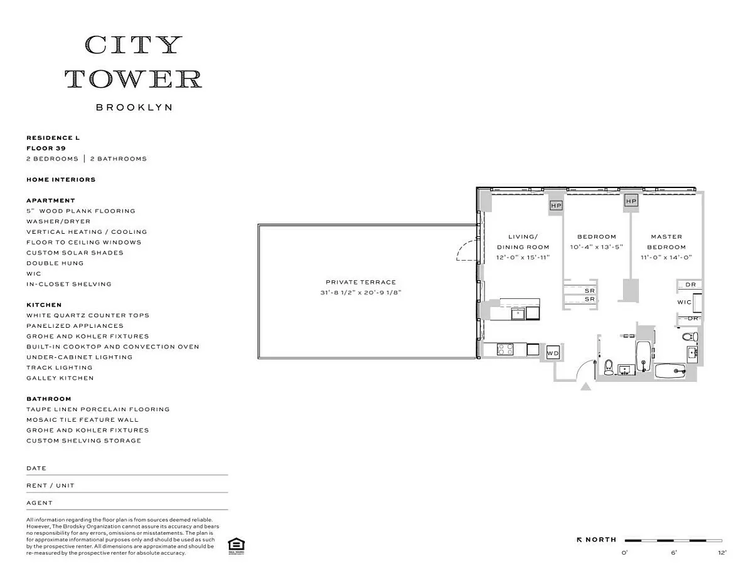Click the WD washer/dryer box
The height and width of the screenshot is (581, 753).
[x=553, y=353]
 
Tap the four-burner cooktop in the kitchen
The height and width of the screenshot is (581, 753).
[x=505, y=349]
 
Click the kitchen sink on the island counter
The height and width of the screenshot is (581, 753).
[x=518, y=314]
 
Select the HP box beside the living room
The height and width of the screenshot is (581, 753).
[x=556, y=206]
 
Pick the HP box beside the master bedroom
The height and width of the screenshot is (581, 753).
[x=631, y=201]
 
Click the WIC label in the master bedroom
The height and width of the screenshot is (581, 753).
[x=684, y=302]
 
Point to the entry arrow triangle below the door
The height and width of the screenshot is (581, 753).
[x=585, y=386]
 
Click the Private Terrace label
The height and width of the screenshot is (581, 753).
[x=361, y=282]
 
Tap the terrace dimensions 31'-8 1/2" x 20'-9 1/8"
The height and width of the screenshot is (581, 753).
[x=361, y=293]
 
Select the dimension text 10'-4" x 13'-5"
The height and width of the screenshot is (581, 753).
[x=597, y=247]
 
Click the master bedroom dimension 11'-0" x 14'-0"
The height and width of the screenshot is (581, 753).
[x=666, y=258]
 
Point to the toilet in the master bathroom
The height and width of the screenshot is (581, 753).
[x=690, y=337]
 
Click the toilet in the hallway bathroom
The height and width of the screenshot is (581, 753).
[x=609, y=367]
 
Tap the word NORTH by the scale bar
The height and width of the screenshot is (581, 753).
[x=601, y=540]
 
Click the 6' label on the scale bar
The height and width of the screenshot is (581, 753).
[x=674, y=553]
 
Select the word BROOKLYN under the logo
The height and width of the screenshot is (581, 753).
[x=134, y=107]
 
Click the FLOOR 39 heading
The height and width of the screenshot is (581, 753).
[x=46, y=149]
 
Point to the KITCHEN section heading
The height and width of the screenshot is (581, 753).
[x=44, y=305]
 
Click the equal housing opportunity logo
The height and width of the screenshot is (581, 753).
[x=237, y=546]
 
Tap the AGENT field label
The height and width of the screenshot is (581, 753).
[x=40, y=503]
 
